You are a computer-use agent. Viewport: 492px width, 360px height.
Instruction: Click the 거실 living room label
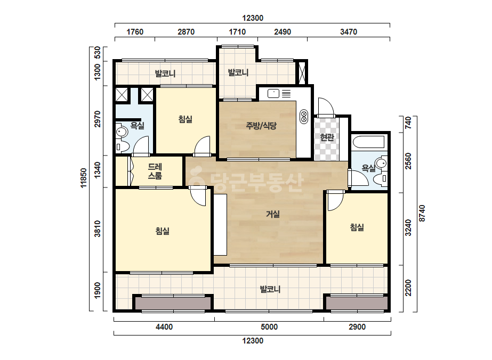click(x=273, y=214)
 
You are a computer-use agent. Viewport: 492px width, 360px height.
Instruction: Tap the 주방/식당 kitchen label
click(x=261, y=126)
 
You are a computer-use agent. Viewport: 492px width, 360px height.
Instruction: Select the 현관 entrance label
click(x=327, y=137)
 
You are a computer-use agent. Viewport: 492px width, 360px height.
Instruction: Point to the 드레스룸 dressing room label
click(x=155, y=171)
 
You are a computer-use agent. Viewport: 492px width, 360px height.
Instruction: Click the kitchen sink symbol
click(x=273, y=93)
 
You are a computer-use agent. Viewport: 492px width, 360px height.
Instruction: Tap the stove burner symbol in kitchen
click(x=304, y=116)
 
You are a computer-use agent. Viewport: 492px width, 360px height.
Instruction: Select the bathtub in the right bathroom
click(x=369, y=142)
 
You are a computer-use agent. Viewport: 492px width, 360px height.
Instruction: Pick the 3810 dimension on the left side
click(x=98, y=229)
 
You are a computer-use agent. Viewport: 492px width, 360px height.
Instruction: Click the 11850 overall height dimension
click(x=83, y=178)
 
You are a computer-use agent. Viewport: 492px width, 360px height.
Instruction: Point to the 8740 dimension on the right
click(x=422, y=214)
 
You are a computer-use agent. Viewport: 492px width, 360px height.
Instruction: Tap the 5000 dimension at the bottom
click(x=269, y=327)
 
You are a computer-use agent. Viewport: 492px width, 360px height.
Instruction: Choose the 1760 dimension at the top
click(x=135, y=32)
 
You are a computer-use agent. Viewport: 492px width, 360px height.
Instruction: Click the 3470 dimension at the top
click(x=349, y=32)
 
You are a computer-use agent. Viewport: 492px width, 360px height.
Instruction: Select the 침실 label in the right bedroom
click(x=357, y=227)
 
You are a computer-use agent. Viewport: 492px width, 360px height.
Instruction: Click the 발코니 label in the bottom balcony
click(x=270, y=289)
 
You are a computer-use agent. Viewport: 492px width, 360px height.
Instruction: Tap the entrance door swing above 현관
click(x=326, y=107)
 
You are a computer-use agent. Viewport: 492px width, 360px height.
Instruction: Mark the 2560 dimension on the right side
click(x=408, y=161)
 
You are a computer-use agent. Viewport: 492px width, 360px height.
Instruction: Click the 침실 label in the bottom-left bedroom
click(x=162, y=231)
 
